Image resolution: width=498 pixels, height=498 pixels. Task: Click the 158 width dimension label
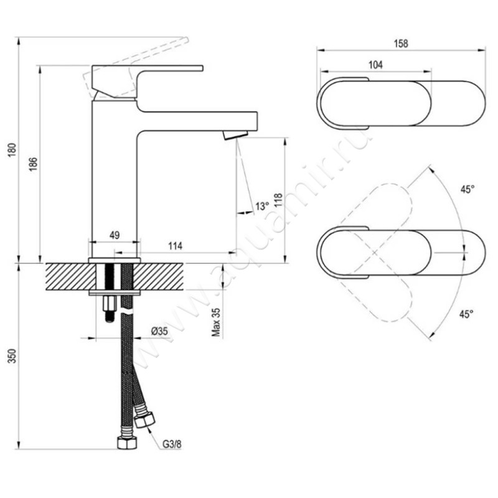[x=401, y=44]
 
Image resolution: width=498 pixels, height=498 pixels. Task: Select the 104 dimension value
[x=375, y=65]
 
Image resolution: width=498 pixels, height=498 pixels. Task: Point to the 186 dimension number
[x=34, y=164]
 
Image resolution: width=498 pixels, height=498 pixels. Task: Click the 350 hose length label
[x=12, y=356]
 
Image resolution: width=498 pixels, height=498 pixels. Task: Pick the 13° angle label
[x=262, y=206]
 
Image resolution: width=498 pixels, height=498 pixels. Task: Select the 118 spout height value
[x=278, y=200]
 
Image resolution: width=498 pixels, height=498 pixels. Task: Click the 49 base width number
[x=115, y=235]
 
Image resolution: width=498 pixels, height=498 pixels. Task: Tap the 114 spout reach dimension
[x=176, y=246]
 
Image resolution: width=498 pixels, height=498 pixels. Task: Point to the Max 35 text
[x=216, y=322]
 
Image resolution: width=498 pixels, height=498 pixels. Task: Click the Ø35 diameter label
[x=159, y=331]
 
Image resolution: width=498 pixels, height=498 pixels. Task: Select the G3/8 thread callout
[x=172, y=444]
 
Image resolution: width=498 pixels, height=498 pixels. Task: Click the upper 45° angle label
[x=467, y=189]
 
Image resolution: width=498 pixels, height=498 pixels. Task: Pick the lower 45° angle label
[x=466, y=314]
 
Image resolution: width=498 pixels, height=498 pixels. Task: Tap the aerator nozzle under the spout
[x=235, y=135]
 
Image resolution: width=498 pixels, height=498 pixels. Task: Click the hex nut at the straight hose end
[x=127, y=443]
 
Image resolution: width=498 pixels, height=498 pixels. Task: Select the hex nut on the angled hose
[x=144, y=420]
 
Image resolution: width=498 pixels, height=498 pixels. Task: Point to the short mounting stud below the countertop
[x=110, y=308]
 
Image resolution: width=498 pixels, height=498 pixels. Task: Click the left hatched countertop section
[x=71, y=276]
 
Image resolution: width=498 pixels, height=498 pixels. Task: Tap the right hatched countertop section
[x=158, y=276]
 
